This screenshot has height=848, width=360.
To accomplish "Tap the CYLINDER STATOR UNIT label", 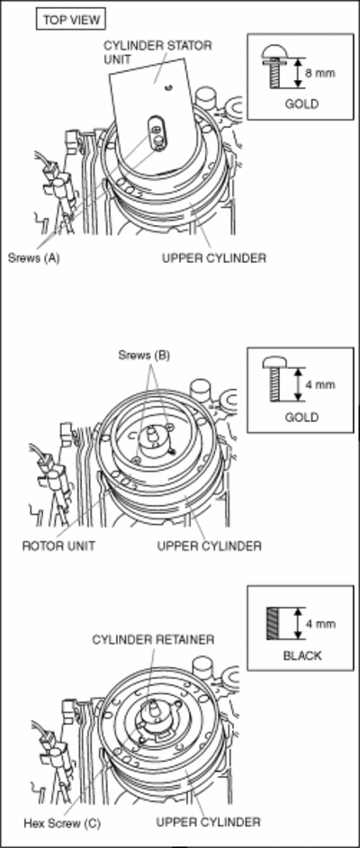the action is click(x=157, y=52).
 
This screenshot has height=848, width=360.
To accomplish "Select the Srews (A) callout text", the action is click(x=33, y=258).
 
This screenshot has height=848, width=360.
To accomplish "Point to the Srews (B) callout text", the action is click(x=144, y=356).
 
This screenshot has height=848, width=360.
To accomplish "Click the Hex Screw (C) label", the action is click(x=62, y=824).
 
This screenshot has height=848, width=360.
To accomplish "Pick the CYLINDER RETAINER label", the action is click(x=153, y=640).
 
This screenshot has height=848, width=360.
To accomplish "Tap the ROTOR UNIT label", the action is click(x=58, y=546).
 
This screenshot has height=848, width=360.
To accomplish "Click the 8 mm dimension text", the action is click(x=320, y=73).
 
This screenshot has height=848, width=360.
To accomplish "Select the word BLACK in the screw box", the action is click(x=302, y=655).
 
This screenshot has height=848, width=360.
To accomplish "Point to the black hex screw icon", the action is click(x=272, y=623).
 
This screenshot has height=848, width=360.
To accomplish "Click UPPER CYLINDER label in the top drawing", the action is click(x=214, y=258).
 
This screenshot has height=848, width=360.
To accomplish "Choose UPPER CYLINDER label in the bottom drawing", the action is click(x=209, y=822).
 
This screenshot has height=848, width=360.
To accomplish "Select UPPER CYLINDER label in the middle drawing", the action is click(x=209, y=546).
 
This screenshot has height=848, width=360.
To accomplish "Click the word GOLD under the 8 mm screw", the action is click(x=302, y=104).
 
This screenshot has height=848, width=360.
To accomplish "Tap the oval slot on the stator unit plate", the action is click(x=157, y=132).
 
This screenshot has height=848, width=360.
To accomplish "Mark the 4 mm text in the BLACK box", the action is click(x=320, y=624).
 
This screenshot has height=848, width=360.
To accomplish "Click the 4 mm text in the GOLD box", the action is click(x=320, y=384).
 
